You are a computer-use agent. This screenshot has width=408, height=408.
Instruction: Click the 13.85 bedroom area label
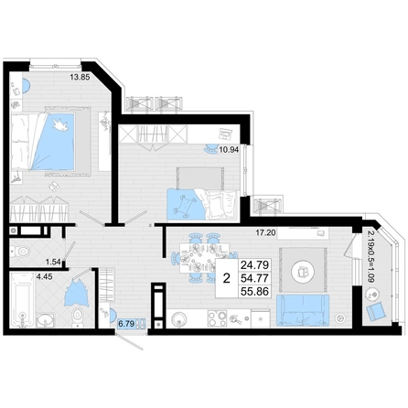click(80, 78)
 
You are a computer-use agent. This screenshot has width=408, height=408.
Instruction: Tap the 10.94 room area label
click(229, 149)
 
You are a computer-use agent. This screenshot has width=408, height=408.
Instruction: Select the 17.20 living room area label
click(265, 233)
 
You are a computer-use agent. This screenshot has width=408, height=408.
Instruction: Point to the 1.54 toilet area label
click(53, 262)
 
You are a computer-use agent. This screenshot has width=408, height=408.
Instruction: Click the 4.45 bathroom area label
click(45, 277)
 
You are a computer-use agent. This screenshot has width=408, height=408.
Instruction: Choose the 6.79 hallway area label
click(126, 324)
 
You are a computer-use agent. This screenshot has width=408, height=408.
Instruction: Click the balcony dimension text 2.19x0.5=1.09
click(370, 257)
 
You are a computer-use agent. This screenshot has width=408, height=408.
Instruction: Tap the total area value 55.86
click(254, 292)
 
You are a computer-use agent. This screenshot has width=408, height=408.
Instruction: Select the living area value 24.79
click(254, 264)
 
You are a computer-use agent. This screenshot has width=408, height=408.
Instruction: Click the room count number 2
click(226, 278)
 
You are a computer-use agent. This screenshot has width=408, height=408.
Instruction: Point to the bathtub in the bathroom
click(22, 300)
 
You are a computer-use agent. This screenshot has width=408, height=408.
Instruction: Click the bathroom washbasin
click(46, 320)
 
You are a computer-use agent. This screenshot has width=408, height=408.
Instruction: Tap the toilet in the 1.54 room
click(20, 252)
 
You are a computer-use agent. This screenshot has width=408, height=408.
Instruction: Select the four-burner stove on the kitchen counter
click(217, 318)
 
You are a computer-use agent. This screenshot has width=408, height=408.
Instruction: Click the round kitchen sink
click(179, 319)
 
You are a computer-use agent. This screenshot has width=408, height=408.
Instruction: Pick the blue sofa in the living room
click(303, 310)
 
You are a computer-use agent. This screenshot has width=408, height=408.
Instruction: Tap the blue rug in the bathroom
click(76, 294)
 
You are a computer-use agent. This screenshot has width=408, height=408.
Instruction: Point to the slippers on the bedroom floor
click(54, 186)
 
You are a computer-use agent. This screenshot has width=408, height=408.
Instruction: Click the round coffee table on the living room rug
click(303, 272)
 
